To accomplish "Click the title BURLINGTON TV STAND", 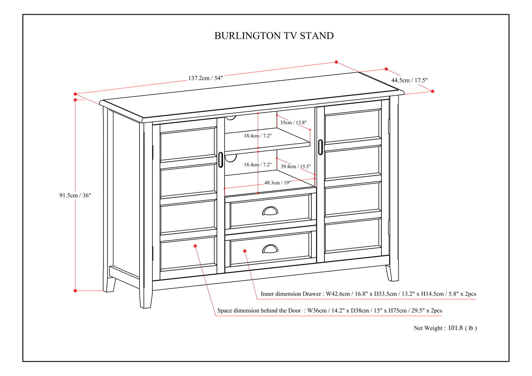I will point(274,36).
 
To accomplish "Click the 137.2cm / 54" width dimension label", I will point(205,78).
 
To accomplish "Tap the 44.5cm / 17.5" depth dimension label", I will point(409,80).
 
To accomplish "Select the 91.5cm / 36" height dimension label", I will point(75,195).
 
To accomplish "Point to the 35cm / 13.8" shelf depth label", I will point(293,123).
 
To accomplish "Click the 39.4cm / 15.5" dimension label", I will point(296,167).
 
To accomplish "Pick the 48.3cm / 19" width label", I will point(278,182).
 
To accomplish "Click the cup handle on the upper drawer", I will point(270,211).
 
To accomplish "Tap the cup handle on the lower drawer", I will point(270,249).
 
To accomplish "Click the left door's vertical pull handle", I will point(221,160).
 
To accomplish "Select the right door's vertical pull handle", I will point(320,147).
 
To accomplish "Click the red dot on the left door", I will point(195,246).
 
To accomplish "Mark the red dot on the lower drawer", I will point(245,251).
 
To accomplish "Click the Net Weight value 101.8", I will point(455,328).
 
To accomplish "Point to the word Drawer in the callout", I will point(312,294).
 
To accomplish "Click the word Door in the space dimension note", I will point(294,311).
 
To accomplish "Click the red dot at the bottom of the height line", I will point(75,291).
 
